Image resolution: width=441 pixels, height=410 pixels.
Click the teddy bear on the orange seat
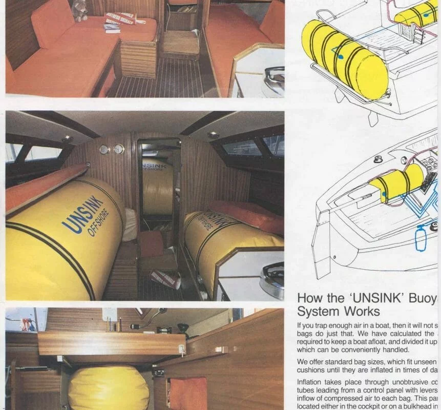[x=80, y=10]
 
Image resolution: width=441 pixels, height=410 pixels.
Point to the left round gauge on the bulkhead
[x=104, y=149]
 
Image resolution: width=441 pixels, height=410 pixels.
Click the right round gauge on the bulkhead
[x=119, y=149]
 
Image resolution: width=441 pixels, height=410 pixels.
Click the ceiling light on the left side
[x=67, y=138]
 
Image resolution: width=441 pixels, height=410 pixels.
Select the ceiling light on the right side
[x=213, y=135]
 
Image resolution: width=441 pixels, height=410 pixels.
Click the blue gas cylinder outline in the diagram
[x=421, y=238]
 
